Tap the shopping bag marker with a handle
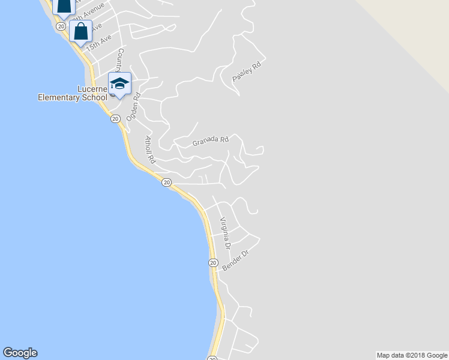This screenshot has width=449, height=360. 80,32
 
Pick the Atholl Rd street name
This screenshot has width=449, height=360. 150,149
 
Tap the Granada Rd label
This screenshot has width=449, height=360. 211,142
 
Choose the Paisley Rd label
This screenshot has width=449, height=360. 247,73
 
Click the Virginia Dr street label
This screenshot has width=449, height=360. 225,233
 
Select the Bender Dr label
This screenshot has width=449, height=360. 235,260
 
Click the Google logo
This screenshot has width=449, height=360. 20,353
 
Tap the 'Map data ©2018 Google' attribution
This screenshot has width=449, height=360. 412,355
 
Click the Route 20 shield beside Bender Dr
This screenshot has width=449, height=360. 212,263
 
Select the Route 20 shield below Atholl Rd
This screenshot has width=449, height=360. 167,182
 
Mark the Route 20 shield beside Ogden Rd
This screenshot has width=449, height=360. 115,119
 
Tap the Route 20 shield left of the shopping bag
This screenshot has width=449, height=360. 61,26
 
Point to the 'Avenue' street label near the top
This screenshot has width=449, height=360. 94,13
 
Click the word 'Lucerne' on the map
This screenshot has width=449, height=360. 92,89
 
